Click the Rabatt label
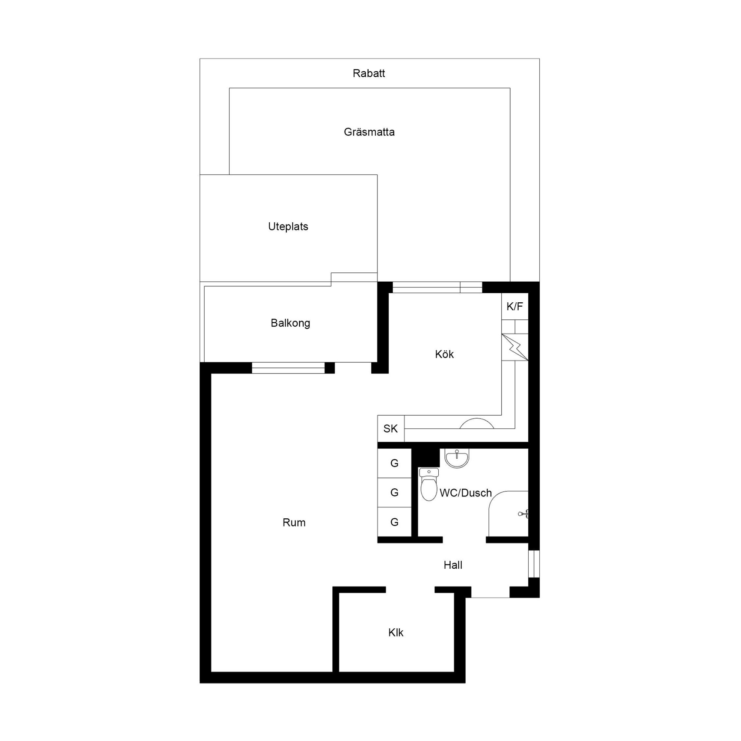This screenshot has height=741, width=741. tap(369, 73)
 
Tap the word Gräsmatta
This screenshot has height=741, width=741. tap(369, 132)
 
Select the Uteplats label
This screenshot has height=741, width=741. tap(288, 227)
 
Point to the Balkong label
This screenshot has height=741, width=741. tap(290, 323)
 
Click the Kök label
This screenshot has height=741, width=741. tap(444, 354)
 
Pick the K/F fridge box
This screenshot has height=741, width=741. tap(515, 306)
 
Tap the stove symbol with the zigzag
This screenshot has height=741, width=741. tap(515, 347)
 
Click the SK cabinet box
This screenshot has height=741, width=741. tap(391, 428)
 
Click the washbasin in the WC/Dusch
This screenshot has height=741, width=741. tap(457, 458)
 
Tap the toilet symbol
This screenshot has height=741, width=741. tap(429, 484)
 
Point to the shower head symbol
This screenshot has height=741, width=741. tap(524, 514)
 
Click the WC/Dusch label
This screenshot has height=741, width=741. tap(466, 493)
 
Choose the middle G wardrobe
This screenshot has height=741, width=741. tap(394, 492)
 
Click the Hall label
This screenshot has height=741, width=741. tap(453, 565)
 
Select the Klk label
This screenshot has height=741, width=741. tap(395, 632)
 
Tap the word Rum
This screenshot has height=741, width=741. tap(294, 522)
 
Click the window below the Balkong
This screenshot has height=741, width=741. tap(288, 368)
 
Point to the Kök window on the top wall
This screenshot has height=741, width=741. tap(437, 287)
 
